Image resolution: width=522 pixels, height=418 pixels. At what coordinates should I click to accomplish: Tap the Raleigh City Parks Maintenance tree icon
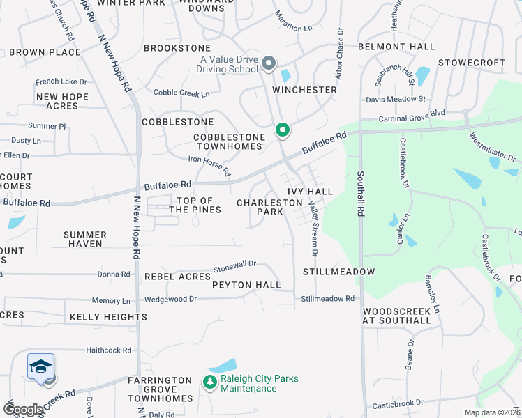point(209,382)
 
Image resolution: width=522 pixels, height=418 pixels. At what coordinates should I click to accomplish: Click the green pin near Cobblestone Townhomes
point(282,130)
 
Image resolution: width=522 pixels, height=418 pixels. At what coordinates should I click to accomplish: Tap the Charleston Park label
point(269,207)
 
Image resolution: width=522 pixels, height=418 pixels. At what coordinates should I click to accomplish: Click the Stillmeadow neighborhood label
point(338,272)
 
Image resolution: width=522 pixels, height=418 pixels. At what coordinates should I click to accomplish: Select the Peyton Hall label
point(246,285)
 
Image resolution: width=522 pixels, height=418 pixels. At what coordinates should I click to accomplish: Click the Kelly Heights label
point(108,317)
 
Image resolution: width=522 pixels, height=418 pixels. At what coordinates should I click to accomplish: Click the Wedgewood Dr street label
point(170,299)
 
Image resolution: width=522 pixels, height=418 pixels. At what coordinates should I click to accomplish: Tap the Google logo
point(24,410)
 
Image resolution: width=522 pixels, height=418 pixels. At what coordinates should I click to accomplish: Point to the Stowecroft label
point(471,63)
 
